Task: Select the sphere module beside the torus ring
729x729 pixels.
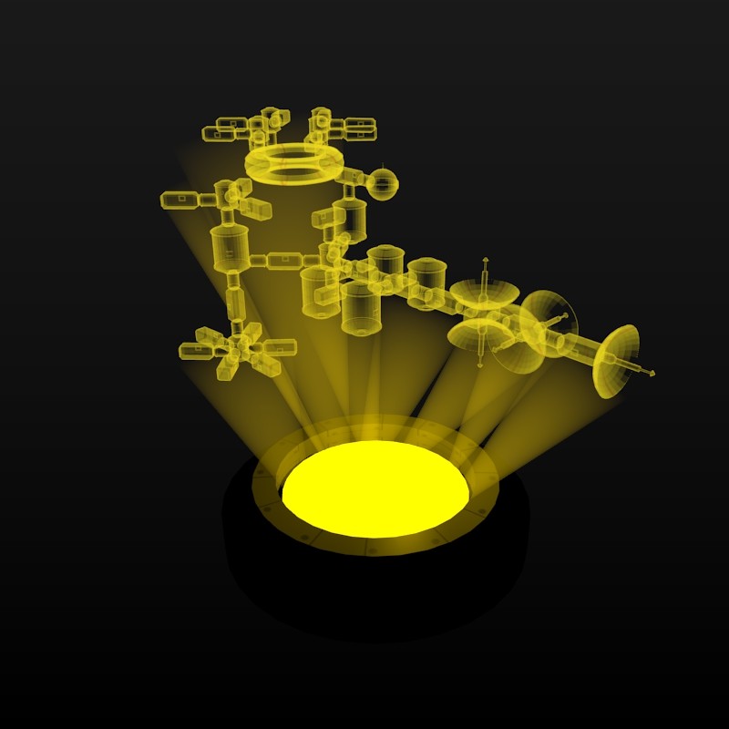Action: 382,184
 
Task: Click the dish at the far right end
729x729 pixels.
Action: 616,361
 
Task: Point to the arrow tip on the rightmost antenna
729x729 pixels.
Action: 652,374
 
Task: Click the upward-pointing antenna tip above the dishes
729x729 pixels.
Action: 485,260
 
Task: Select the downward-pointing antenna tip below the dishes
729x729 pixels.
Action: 480,365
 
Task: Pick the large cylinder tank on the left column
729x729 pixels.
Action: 230,248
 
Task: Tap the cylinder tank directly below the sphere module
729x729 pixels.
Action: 349,220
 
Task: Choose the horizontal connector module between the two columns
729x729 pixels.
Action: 282,261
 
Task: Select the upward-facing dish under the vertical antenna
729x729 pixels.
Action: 484,293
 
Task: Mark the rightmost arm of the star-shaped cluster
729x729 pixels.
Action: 279,347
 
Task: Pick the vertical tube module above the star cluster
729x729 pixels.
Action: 234,301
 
